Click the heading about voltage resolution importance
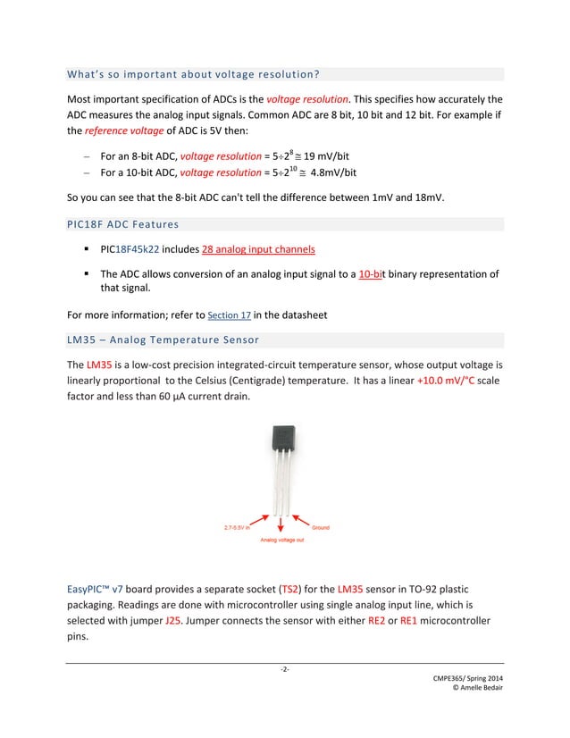pyautogui.click(x=194, y=73)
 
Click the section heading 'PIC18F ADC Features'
pyautogui.click(x=122, y=224)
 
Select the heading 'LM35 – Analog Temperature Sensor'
pyautogui.click(x=163, y=340)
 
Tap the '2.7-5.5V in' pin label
pyautogui.click(x=237, y=527)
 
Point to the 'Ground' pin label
pyautogui.click(x=320, y=527)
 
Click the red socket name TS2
pyautogui.click(x=290, y=590)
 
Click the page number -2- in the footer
pyautogui.click(x=284, y=669)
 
